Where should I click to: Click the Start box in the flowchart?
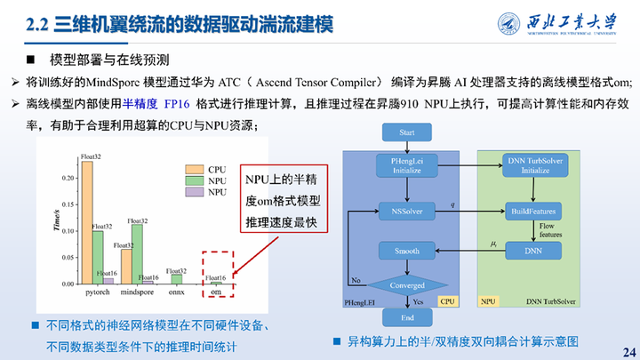408,132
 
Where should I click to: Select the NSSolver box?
407,211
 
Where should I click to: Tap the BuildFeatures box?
532,212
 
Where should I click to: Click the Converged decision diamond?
407,285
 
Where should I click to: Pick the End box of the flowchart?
407,316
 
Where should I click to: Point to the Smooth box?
407,252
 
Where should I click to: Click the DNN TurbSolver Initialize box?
532,164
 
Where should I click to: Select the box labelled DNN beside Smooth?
532,252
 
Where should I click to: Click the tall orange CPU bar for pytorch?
86,222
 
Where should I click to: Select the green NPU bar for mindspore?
137,253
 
